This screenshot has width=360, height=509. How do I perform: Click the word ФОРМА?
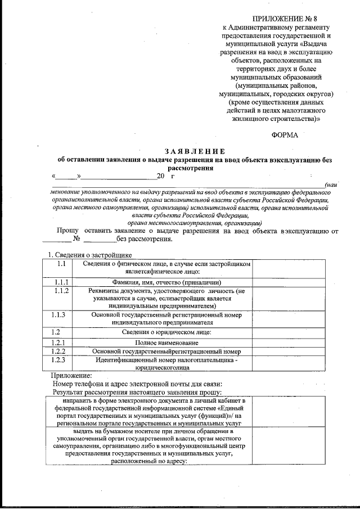[286, 135]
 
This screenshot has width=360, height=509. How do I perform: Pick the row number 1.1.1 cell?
[62, 282]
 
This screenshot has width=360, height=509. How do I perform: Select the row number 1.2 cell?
[62, 332]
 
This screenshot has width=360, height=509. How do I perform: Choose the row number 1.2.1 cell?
[62, 342]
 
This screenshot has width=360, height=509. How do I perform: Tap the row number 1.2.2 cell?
[62, 351]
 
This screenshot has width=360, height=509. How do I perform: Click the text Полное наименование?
[166, 342]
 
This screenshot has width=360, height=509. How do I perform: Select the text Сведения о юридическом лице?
[166, 332]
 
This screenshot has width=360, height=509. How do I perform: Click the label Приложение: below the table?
[71, 375]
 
